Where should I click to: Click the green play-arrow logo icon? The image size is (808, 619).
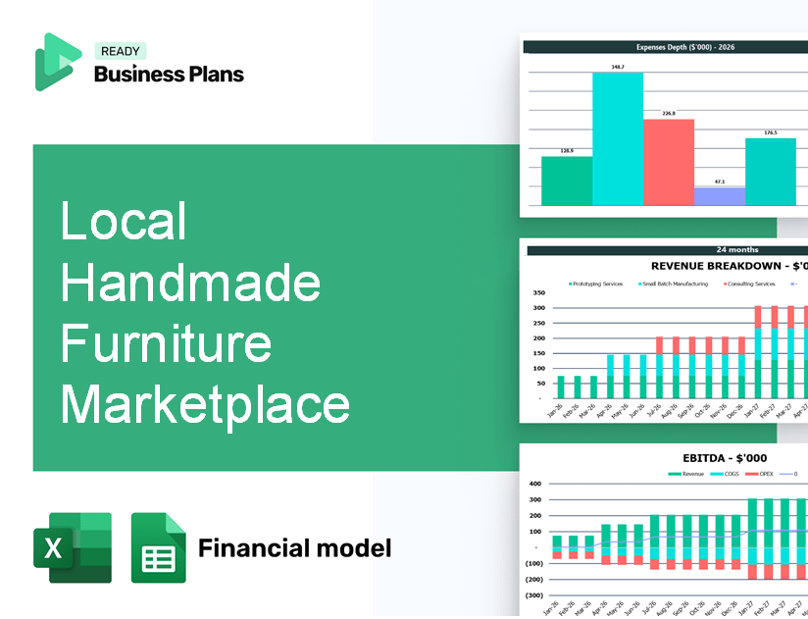click(x=57, y=62)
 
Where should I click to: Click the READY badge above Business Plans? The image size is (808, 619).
click(x=120, y=51)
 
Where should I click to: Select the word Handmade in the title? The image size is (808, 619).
click(x=190, y=284)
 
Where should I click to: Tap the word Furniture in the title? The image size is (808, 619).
click(x=166, y=344)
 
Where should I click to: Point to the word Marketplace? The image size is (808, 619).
click(x=205, y=404)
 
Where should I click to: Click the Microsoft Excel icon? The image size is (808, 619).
click(x=73, y=547)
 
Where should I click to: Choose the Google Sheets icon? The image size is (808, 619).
click(x=158, y=547)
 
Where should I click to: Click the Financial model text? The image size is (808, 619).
click(x=294, y=547)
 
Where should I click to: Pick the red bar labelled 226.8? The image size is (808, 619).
click(x=668, y=162)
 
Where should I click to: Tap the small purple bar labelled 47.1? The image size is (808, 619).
click(x=719, y=196)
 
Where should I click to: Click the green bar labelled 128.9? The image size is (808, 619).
click(x=567, y=181)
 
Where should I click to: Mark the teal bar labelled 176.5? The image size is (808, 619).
click(x=770, y=172)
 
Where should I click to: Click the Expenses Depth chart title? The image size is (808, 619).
click(x=671, y=46)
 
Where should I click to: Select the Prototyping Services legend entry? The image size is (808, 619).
click(x=596, y=284)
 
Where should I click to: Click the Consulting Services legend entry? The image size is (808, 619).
click(x=750, y=284)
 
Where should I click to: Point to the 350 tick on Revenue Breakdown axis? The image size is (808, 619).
click(x=538, y=293)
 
